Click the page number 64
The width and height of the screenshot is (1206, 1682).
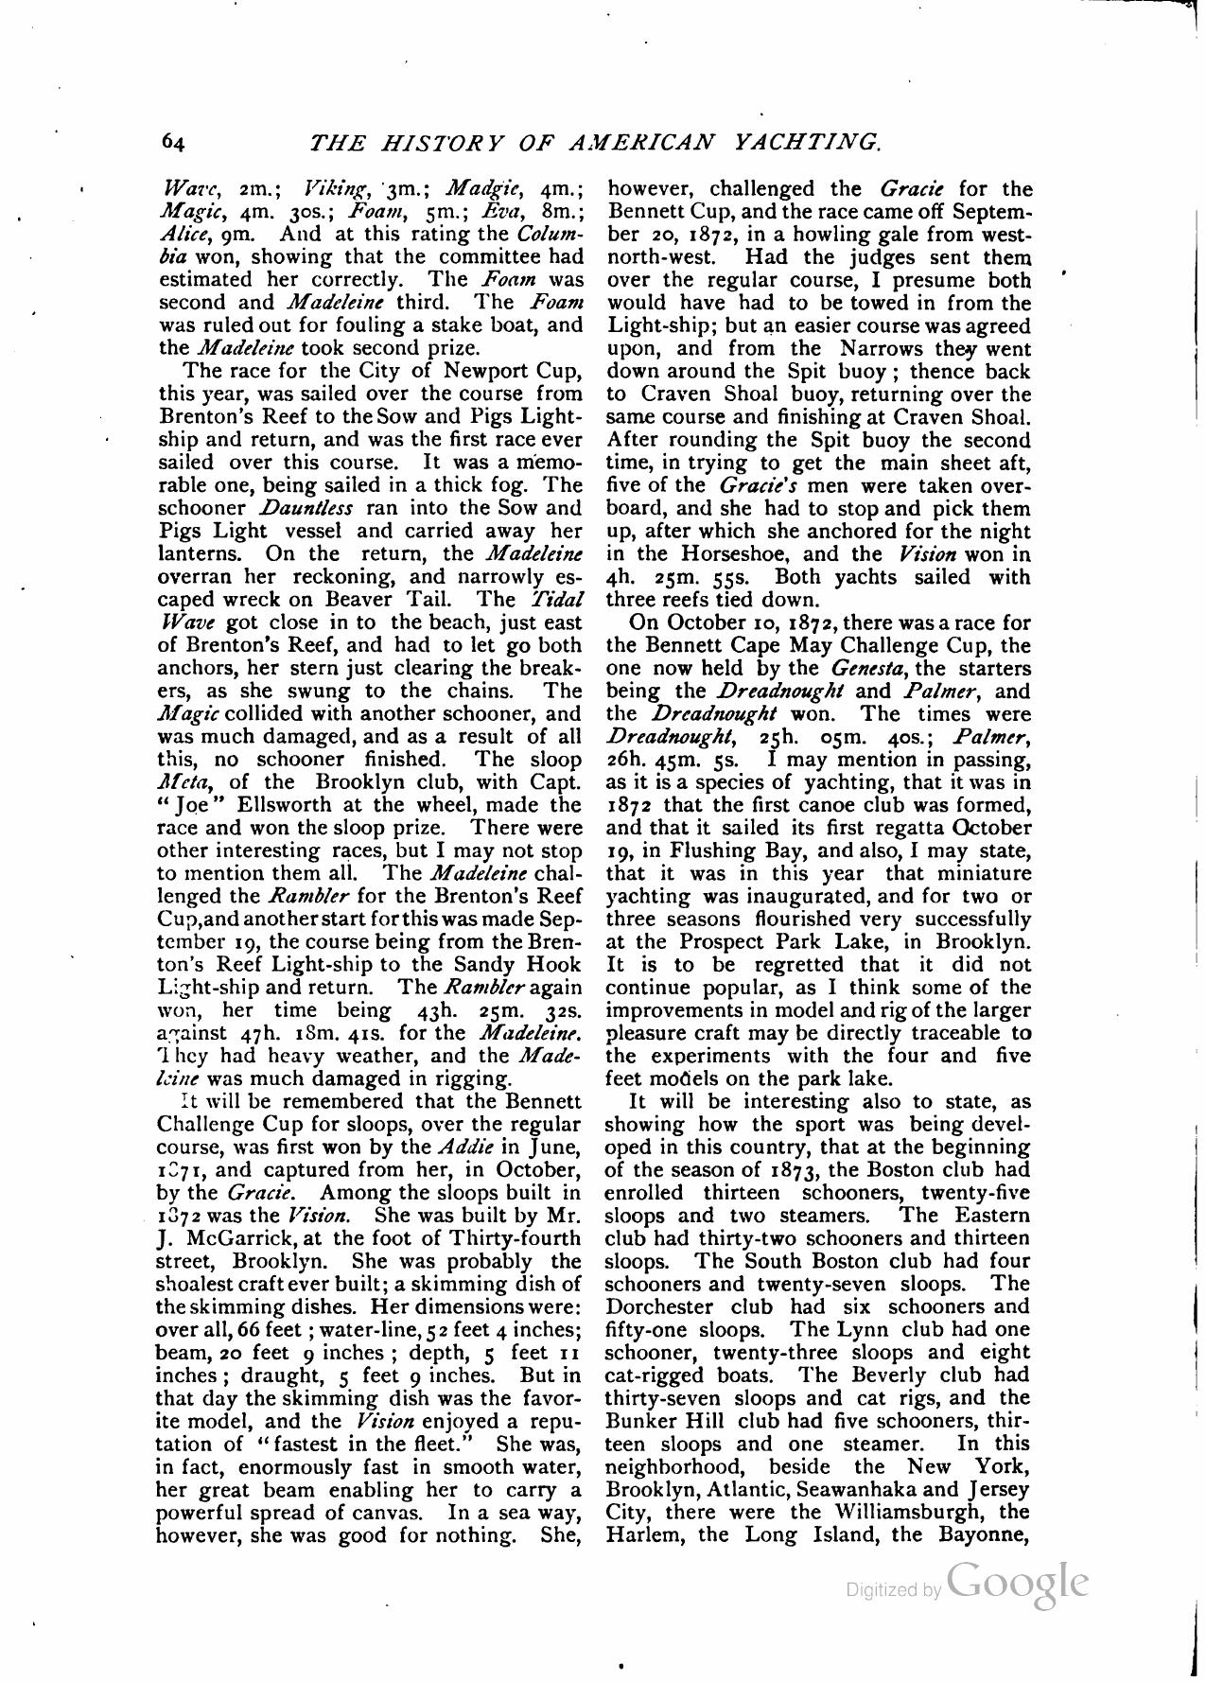pos(172,142)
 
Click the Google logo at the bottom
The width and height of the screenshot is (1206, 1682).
pos(1017,1582)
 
